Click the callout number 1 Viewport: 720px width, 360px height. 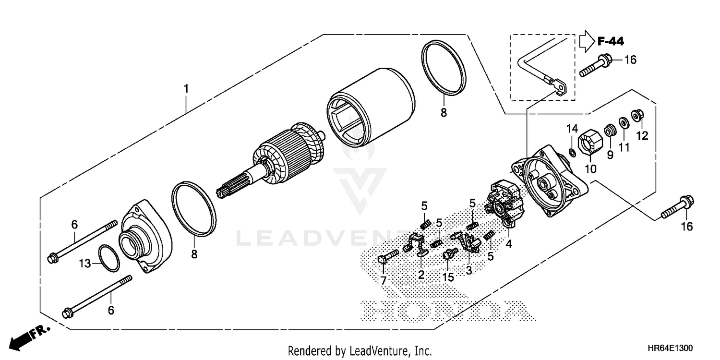click(x=186, y=89)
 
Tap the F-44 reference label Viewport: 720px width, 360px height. click(x=611, y=42)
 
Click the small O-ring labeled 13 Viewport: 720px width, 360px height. click(x=109, y=258)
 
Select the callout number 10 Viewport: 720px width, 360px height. click(x=590, y=169)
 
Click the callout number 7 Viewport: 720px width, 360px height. click(x=383, y=280)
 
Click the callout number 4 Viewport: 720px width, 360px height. click(x=508, y=244)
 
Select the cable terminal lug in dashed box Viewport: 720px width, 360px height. click(x=560, y=87)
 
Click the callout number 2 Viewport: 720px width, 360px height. click(x=421, y=275)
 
